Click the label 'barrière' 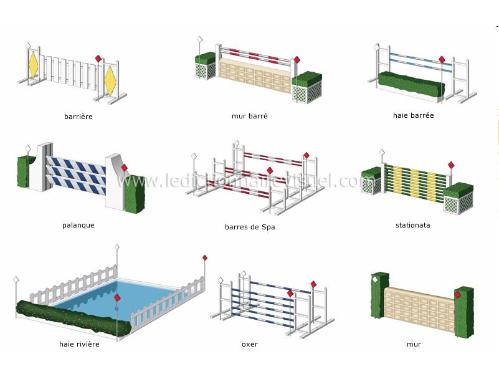click(78, 117)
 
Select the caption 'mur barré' click(249, 116)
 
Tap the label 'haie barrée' click(414, 115)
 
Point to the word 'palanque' click(78, 226)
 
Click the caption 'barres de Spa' click(250, 227)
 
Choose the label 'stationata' click(413, 225)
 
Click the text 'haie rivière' click(79, 344)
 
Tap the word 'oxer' click(250, 345)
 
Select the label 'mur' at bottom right click(414, 345)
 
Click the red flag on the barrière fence click(98, 59)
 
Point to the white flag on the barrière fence click(28, 46)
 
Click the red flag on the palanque click(124, 168)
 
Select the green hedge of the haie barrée click(411, 84)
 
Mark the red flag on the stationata click(451, 165)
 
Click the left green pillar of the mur click(380, 295)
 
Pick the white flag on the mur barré click(199, 39)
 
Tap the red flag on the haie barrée click(442, 59)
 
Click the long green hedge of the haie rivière click(73, 317)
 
